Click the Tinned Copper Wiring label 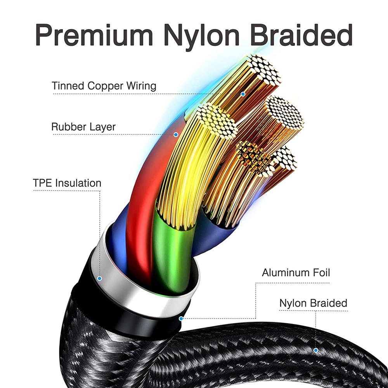coord(104,86)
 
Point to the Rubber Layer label coord(83,127)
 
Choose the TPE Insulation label coord(67,183)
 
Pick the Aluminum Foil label coord(296,272)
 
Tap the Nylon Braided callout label coord(313,303)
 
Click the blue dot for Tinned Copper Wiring coord(243,94)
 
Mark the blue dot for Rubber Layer coord(176,135)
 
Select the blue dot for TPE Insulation coord(100,278)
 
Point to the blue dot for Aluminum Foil coord(181,319)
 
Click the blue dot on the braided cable coord(316,350)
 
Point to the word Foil coord(319,272)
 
